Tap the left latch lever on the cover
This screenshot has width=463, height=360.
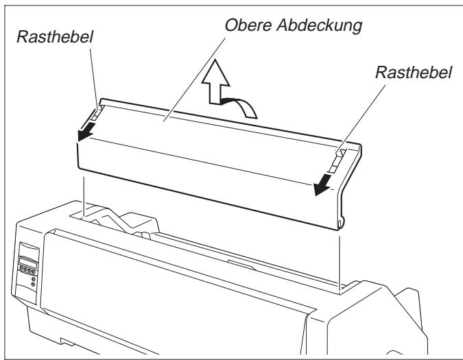pyautogui.click(x=97, y=110)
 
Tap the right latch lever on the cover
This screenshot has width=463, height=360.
pyautogui.click(x=336, y=158)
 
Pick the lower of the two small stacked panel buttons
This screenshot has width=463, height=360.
pyautogui.click(x=34, y=285)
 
